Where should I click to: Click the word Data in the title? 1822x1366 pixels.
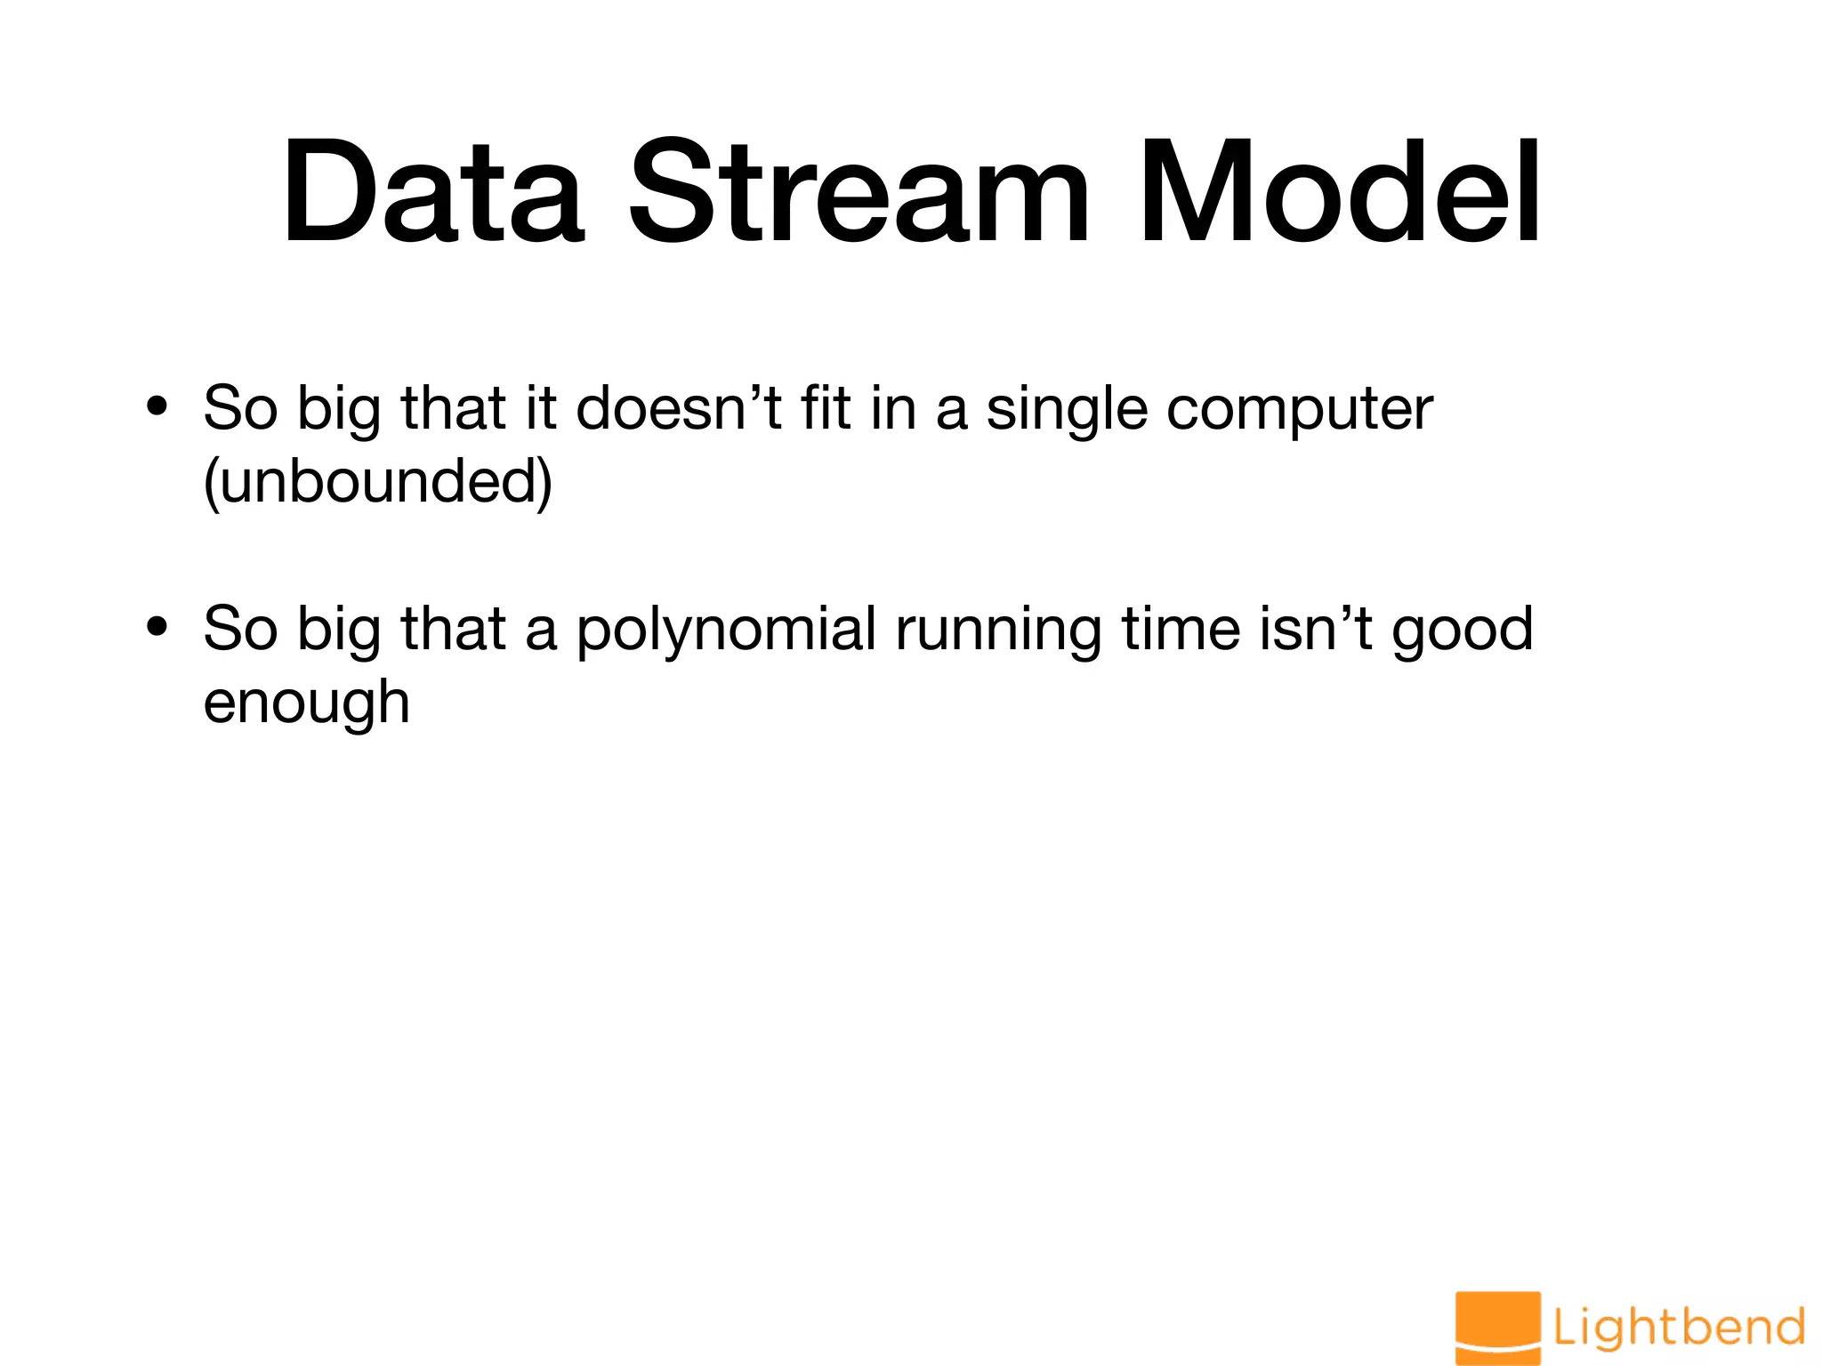click(x=433, y=191)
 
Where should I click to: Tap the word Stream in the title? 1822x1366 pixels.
click(x=859, y=191)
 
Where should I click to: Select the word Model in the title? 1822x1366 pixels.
click(x=1340, y=191)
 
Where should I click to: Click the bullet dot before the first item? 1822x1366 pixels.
click(x=157, y=408)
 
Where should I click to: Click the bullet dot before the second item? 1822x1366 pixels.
click(x=157, y=629)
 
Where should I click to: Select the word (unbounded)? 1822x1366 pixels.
click(x=378, y=482)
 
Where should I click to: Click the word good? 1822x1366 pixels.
click(x=1463, y=631)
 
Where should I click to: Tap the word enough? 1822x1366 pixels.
click(x=306, y=703)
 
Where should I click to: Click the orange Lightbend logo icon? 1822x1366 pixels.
click(x=1498, y=1327)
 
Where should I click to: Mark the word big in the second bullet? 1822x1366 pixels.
click(x=338, y=631)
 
